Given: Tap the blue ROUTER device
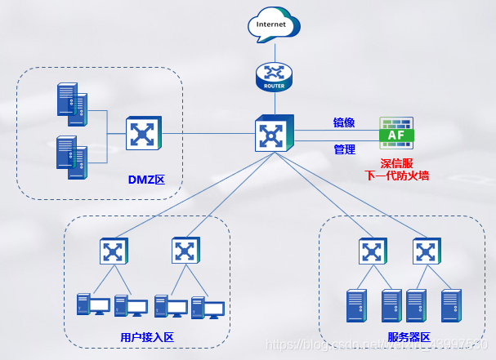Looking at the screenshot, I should [x=273, y=76].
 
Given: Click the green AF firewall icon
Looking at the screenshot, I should [x=396, y=132].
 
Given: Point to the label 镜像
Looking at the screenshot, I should [x=344, y=122].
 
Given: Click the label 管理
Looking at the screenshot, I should [x=344, y=149].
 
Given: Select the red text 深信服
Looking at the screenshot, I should [x=396, y=162].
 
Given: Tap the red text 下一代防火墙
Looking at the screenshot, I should [x=396, y=176].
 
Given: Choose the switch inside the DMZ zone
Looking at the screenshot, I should [x=144, y=133].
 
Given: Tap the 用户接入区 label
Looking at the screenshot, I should [x=147, y=338].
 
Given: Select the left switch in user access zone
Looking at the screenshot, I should [x=114, y=251].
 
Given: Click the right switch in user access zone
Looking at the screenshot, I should [x=185, y=251].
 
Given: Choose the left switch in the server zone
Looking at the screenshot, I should [x=372, y=251].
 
